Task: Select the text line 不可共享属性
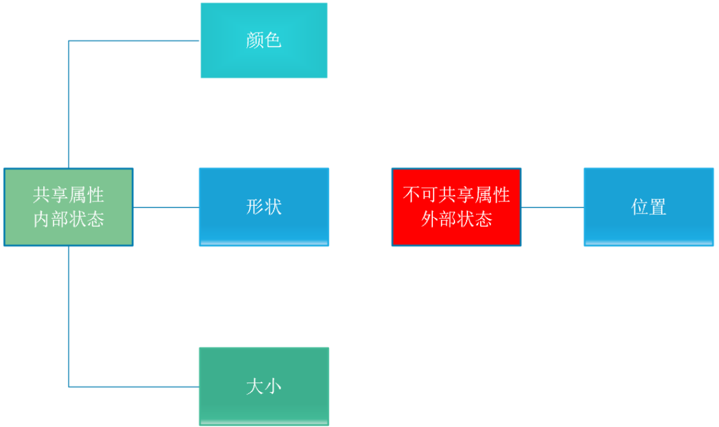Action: tap(456, 194)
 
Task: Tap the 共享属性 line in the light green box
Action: tap(69, 194)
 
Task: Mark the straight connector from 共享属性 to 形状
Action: tap(166, 207)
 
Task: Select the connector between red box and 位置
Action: tap(552, 207)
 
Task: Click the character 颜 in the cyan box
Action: tap(255, 41)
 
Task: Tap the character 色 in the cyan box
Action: tap(273, 41)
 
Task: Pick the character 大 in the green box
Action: tap(255, 386)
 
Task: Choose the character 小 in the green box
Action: tap(273, 386)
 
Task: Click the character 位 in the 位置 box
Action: tap(640, 207)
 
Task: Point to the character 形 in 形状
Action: tap(255, 207)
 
